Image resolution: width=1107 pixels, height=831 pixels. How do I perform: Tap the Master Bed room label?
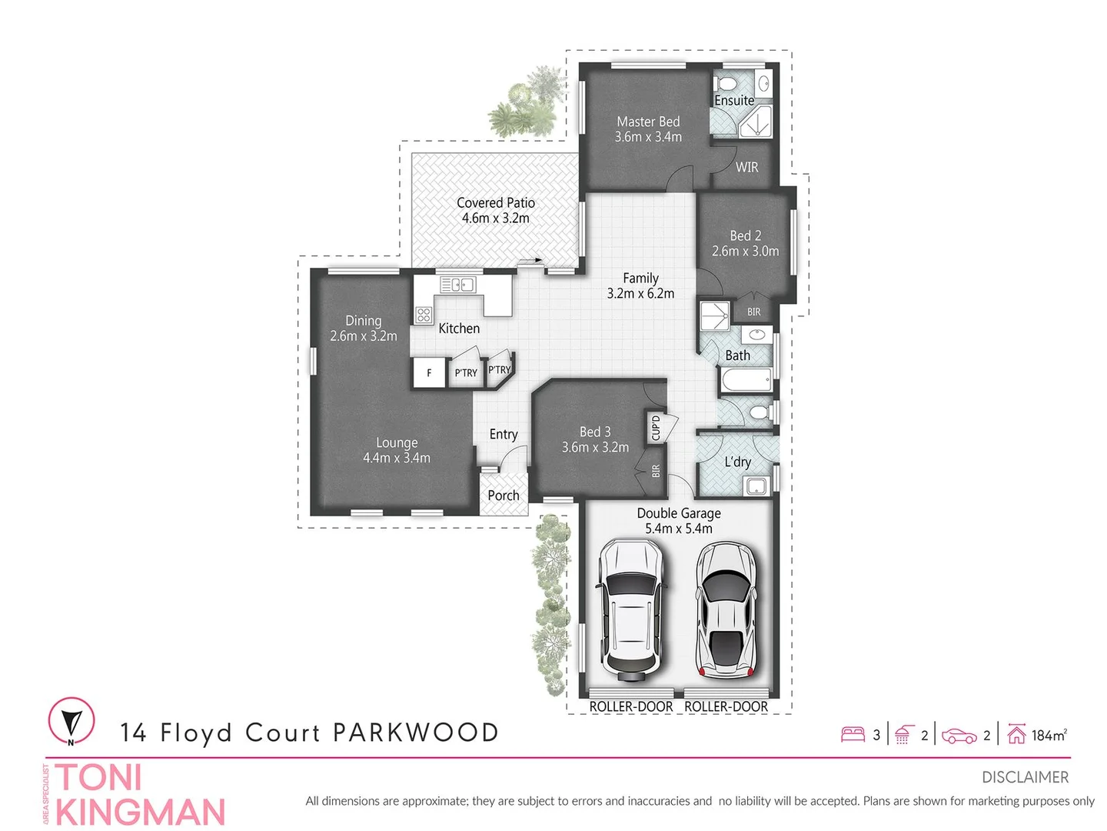[x=648, y=122]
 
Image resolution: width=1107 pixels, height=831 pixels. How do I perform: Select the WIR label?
[x=746, y=167]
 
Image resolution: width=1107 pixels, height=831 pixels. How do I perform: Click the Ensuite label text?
[x=734, y=101]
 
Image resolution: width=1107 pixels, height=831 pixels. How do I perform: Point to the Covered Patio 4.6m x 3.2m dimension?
[x=496, y=219]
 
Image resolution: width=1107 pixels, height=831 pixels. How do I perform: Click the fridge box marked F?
[x=429, y=373]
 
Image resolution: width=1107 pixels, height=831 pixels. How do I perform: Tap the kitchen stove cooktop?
[x=424, y=314]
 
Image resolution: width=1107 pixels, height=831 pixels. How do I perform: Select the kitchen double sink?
[x=457, y=285]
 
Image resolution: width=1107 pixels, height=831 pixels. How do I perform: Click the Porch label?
[x=504, y=496]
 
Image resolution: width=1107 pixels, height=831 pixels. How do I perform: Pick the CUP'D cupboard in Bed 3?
[x=656, y=427]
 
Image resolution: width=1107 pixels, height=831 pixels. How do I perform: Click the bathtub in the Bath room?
[x=746, y=380]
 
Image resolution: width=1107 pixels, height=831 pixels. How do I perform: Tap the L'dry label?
[x=737, y=462]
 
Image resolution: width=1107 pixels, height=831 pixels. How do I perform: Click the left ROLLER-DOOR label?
[x=630, y=706]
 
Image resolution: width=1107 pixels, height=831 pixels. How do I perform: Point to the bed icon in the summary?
[x=853, y=735]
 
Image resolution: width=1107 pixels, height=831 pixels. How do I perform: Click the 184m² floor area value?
[x=1049, y=736]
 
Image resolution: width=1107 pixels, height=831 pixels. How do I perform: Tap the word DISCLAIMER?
[x=1025, y=777]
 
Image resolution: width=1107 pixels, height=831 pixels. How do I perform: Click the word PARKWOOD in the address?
[x=416, y=733]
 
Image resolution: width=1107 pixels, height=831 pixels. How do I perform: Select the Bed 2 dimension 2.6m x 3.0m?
[x=745, y=252]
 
